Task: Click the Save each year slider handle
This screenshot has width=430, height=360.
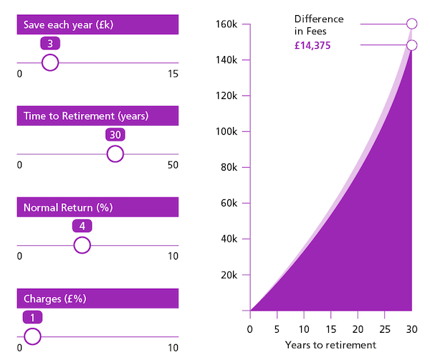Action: [x=49, y=63]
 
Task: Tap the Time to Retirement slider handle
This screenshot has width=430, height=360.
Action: [x=115, y=154]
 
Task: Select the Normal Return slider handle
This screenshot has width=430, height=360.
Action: [x=82, y=246]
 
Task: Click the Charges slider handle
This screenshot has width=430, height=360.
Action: [x=32, y=336]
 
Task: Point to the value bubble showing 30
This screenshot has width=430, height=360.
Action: [x=115, y=135]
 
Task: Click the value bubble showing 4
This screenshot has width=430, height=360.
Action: [x=82, y=226]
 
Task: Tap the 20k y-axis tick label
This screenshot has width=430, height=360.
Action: [x=229, y=275]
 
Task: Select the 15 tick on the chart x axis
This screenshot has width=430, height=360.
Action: [x=330, y=329]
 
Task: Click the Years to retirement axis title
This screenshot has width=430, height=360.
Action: [x=330, y=345]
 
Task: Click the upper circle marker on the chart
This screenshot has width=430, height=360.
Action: [x=411, y=24]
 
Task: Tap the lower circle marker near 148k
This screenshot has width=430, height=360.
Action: [x=411, y=45]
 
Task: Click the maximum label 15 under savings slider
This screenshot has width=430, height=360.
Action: [x=173, y=74]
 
